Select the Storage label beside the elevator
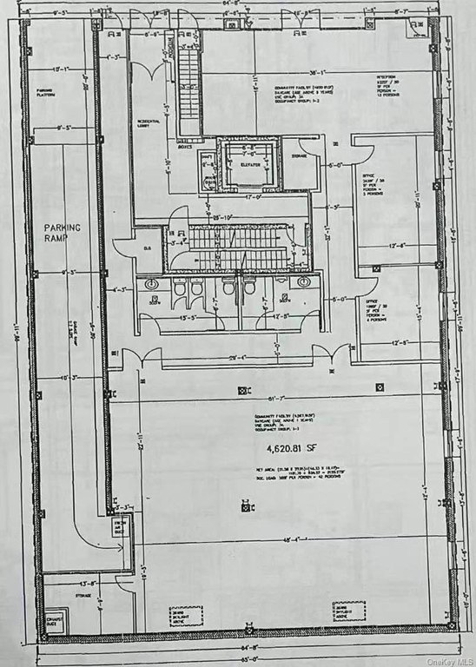pyautogui.click(x=299, y=157)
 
